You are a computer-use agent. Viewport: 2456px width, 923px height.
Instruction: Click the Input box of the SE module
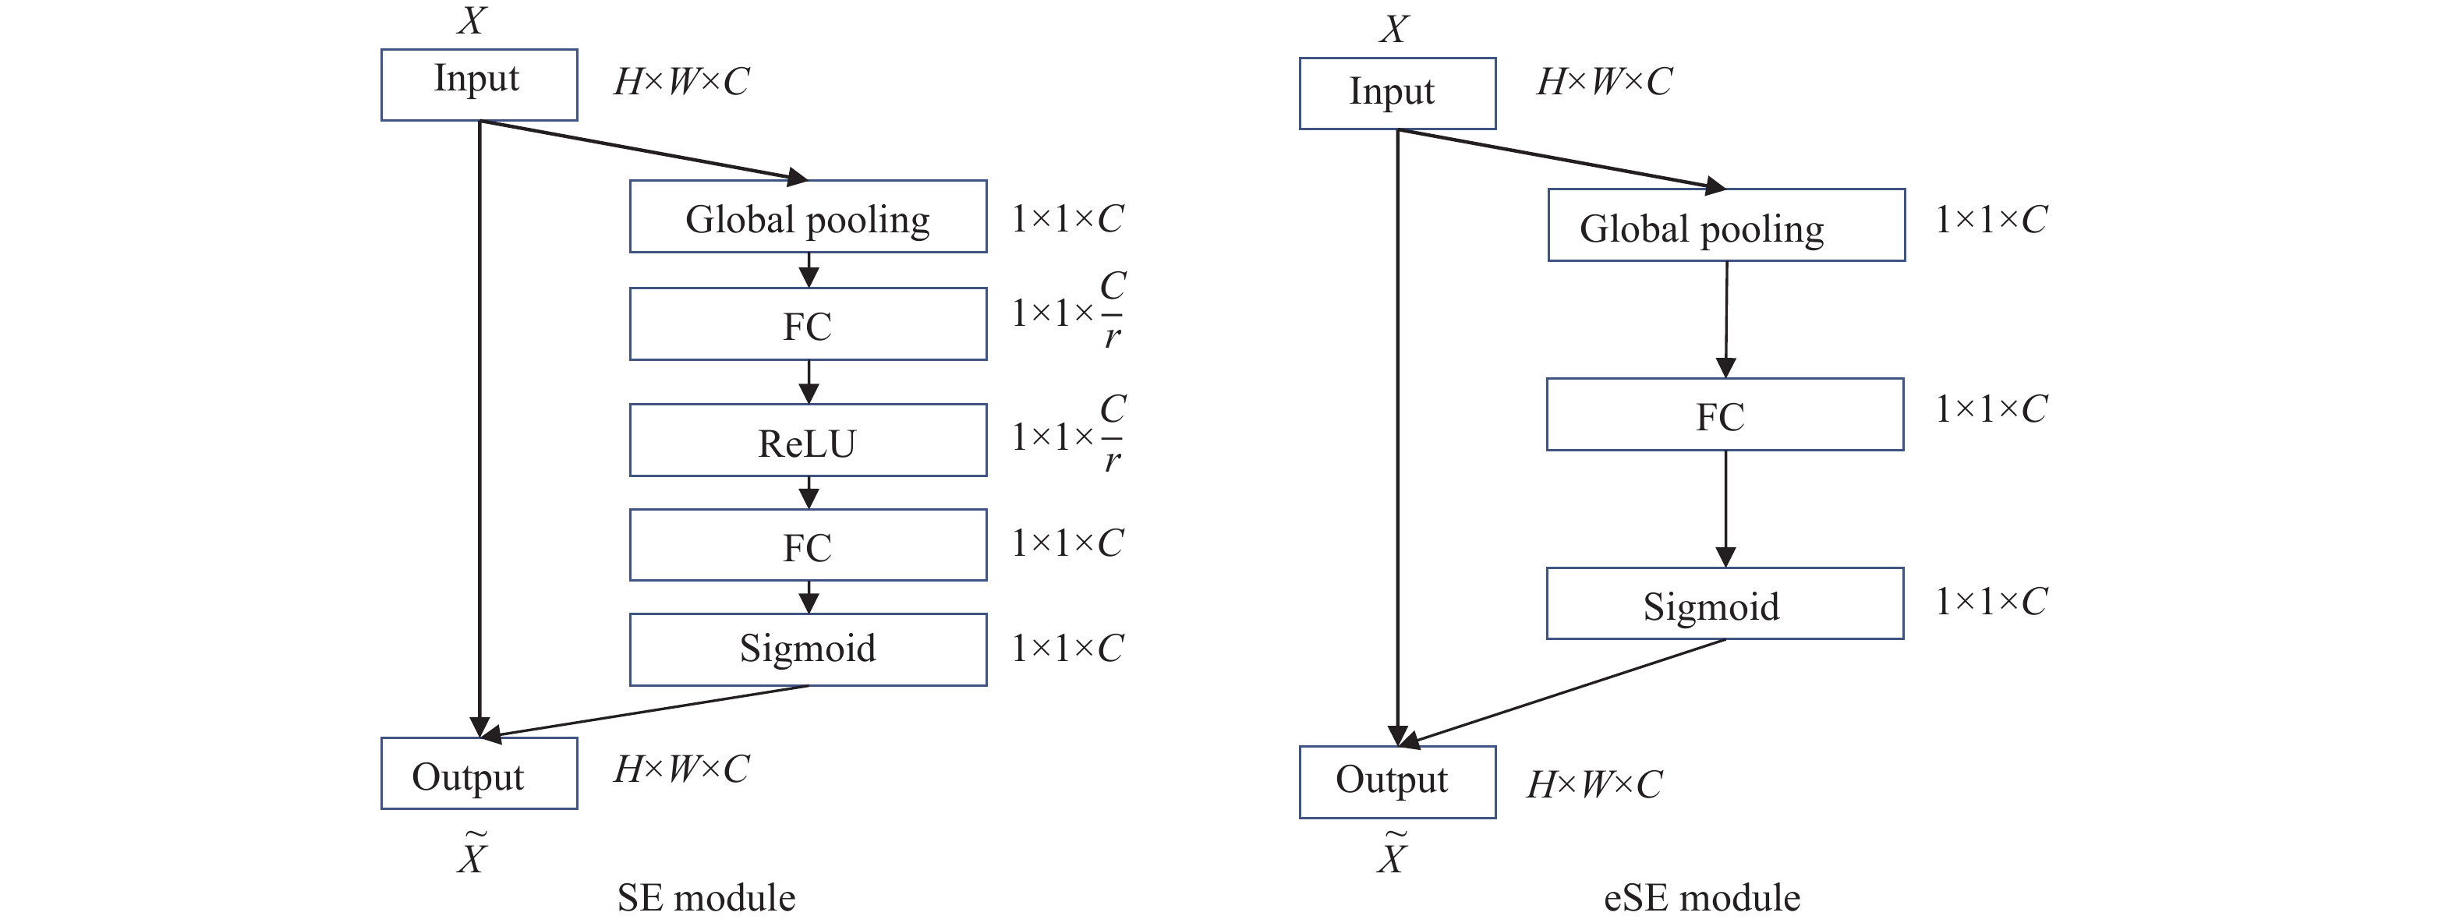[479, 84]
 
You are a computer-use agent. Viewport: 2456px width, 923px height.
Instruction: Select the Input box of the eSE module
[1396, 93]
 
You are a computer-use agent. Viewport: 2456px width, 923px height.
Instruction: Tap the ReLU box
[808, 440]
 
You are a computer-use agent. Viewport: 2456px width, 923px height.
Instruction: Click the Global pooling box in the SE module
[808, 217]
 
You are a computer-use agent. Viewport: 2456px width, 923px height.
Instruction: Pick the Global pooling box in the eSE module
[1725, 225]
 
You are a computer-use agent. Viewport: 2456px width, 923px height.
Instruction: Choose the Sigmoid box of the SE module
[808, 649]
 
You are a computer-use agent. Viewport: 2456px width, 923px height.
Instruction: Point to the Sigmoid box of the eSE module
[1725, 603]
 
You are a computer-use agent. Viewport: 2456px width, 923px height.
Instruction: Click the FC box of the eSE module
[1725, 414]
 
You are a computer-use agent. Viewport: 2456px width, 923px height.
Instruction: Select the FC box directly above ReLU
[808, 324]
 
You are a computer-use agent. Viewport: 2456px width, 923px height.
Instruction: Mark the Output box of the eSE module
[1396, 781]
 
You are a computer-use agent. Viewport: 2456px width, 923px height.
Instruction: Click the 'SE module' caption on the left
[706, 897]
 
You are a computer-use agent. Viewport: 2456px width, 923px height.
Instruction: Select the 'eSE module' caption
[1702, 897]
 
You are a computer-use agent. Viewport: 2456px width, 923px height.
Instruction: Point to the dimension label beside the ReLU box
[1069, 435]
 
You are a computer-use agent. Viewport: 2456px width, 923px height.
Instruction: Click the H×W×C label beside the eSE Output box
[1594, 783]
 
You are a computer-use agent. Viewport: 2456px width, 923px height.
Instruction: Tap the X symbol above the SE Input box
[471, 21]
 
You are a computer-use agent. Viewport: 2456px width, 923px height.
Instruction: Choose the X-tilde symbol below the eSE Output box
[1392, 854]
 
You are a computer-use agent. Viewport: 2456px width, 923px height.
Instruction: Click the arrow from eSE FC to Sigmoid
[1725, 508]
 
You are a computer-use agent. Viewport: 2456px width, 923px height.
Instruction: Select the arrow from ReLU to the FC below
[809, 492]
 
